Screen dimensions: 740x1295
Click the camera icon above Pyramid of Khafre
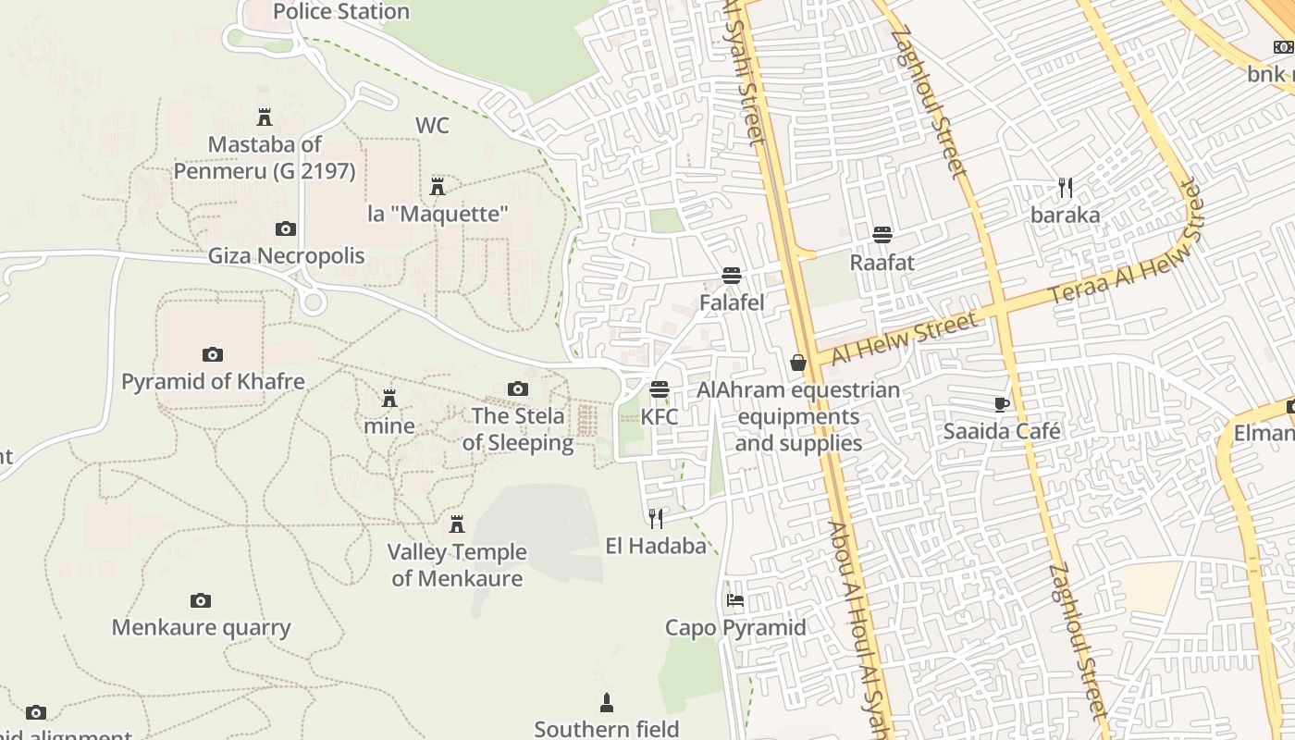point(213,354)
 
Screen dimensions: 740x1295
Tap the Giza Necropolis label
point(286,255)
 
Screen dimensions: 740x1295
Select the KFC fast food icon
point(660,388)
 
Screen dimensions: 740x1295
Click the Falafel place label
point(732,302)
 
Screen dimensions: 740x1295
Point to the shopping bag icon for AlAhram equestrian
point(798,363)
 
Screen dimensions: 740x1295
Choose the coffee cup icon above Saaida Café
point(1002,403)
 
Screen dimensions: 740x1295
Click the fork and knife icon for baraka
point(1066,188)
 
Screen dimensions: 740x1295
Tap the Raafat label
point(882,263)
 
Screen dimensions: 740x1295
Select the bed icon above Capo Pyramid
point(735,600)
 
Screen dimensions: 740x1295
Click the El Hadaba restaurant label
point(656,546)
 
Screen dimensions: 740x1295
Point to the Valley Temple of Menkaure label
point(457,565)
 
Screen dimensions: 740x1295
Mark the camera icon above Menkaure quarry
point(201,600)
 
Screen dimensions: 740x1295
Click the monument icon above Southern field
point(607,703)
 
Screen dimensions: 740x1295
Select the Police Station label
point(341,12)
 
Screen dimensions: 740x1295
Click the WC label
point(432,125)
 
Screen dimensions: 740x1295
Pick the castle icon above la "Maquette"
point(438,187)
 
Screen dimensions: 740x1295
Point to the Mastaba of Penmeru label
point(265,157)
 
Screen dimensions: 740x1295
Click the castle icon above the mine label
point(389,399)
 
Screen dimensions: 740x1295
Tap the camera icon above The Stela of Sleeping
point(518,388)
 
